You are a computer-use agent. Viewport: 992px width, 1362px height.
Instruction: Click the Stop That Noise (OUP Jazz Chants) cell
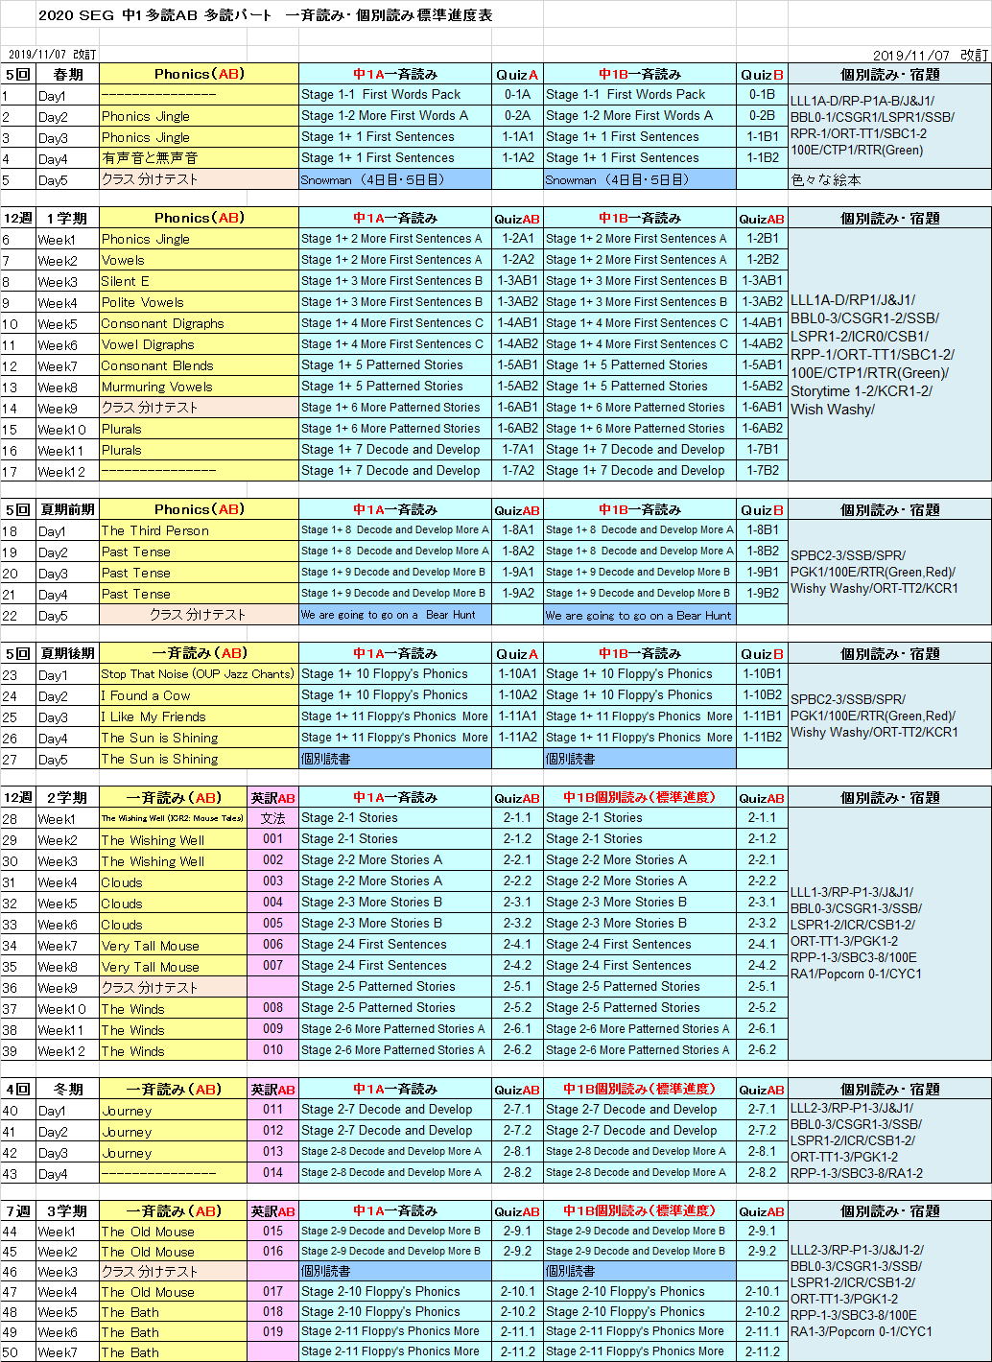[x=198, y=674]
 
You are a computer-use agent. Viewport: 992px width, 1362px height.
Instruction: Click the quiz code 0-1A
[x=517, y=95]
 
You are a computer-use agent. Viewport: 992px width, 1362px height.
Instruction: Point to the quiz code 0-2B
[x=762, y=116]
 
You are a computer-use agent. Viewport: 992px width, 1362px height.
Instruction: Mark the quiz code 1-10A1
[x=517, y=674]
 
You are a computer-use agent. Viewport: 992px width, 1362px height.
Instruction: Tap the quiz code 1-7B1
[x=762, y=450]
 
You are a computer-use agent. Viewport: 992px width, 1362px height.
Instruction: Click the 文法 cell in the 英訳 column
[x=273, y=818]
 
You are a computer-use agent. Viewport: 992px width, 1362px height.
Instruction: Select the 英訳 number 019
[x=273, y=1331]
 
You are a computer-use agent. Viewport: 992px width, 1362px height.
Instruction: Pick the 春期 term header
[x=68, y=74]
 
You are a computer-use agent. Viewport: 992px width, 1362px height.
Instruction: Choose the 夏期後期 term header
[x=68, y=653]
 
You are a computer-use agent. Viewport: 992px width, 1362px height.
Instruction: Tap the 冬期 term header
[x=68, y=1090]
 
